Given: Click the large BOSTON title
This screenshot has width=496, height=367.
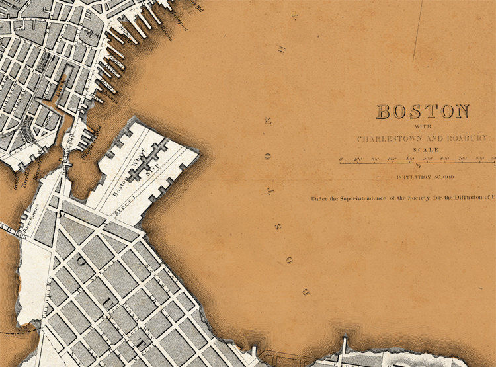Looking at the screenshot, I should point(423,112).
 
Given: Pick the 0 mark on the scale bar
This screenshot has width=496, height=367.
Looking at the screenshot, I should point(341,159).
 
